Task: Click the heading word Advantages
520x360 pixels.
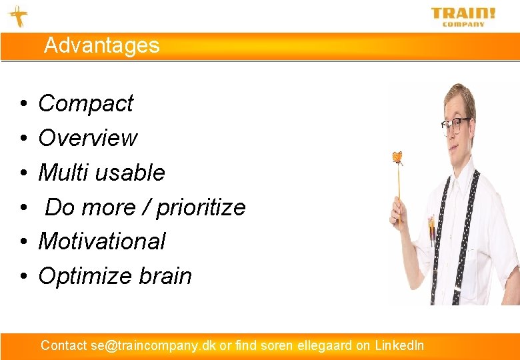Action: pos(102,45)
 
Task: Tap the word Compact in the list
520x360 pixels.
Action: pos(85,103)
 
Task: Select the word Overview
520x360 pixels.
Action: pos(87,138)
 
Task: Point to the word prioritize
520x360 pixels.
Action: pos(200,208)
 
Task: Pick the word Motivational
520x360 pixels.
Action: pos(101,241)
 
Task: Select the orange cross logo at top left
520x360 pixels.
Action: pos(17,16)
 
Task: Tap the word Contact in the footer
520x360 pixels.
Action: pos(63,345)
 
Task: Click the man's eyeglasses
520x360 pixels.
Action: pos(456,125)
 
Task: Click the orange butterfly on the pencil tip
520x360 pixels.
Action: pos(398,157)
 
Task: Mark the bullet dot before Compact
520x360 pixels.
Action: pos(23,104)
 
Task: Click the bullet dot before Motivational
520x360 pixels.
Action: pos(23,242)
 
